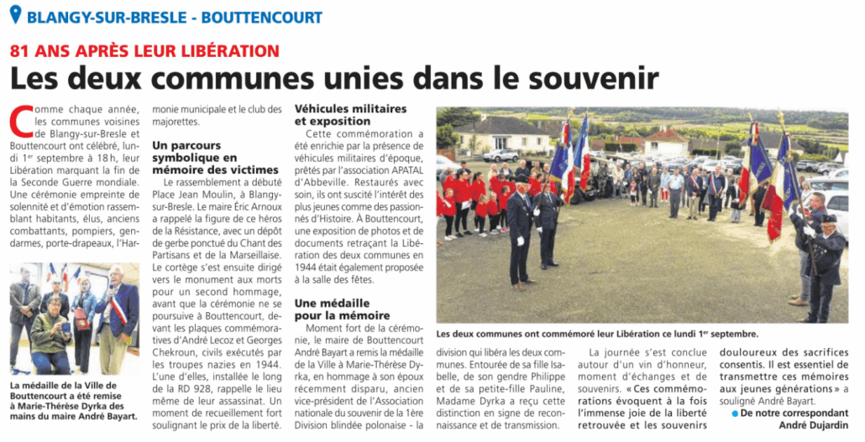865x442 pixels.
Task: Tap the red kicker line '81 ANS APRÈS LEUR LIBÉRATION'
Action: (x=144, y=50)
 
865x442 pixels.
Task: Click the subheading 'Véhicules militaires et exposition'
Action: (x=350, y=115)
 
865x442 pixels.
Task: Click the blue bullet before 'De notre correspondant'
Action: (x=735, y=413)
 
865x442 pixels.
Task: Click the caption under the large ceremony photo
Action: (x=597, y=333)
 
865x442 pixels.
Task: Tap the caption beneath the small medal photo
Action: (x=73, y=399)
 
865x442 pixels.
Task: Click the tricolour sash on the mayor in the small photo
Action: (x=120, y=311)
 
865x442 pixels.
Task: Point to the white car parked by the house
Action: (x=501, y=155)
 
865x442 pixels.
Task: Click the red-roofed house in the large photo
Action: (x=665, y=138)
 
